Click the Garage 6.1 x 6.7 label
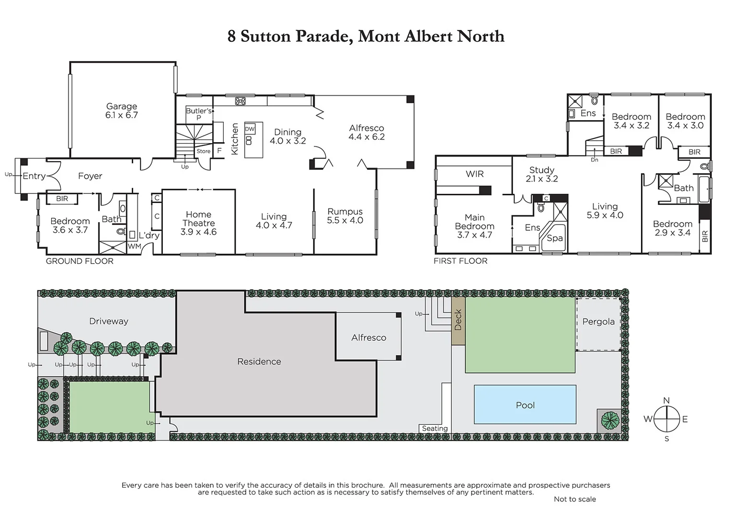click(x=122, y=111)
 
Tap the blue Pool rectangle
click(x=525, y=405)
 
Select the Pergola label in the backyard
click(x=598, y=322)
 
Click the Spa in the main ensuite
click(x=555, y=238)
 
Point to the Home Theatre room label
click(x=198, y=223)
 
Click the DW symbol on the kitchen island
click(x=250, y=129)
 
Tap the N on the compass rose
click(x=666, y=401)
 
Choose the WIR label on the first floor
click(x=474, y=174)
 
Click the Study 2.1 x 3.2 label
click(x=542, y=174)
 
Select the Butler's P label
click(x=198, y=114)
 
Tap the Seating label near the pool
click(x=435, y=428)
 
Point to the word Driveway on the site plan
click(x=109, y=321)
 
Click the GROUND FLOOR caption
click(x=80, y=261)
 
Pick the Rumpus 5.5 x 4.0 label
click(x=345, y=216)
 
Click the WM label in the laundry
click(x=134, y=246)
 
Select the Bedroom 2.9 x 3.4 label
click(x=673, y=228)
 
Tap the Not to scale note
click(x=574, y=499)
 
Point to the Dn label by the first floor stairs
click(x=595, y=160)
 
